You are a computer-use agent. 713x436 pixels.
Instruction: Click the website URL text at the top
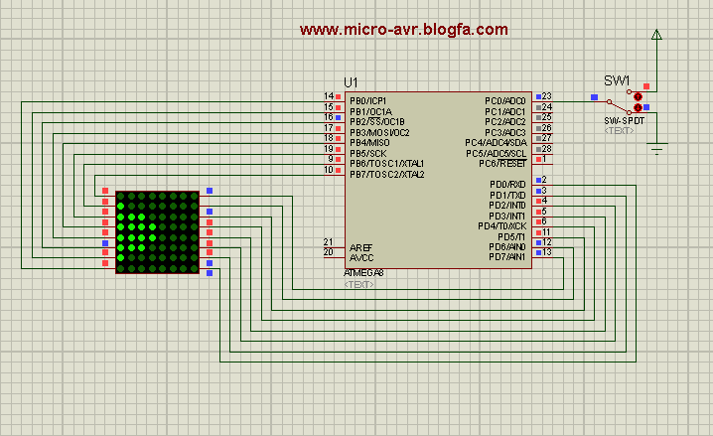(x=403, y=30)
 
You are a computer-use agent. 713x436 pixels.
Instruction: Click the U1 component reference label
(x=352, y=81)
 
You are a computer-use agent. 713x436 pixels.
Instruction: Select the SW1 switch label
(x=618, y=80)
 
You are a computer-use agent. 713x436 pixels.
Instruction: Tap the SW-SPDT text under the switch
(x=624, y=119)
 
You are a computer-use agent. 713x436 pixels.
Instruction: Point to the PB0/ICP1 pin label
(x=367, y=100)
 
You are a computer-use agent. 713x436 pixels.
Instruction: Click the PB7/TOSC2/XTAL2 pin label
(x=386, y=174)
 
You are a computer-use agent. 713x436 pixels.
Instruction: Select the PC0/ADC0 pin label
(x=504, y=100)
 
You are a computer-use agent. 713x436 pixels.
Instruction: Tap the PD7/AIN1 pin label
(x=506, y=257)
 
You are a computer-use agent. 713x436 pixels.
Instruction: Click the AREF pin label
(x=360, y=246)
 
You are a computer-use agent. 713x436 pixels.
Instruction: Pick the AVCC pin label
(x=360, y=256)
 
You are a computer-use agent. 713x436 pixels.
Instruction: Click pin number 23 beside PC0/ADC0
(x=546, y=96)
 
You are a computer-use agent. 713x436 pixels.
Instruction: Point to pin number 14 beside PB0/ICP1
(x=328, y=96)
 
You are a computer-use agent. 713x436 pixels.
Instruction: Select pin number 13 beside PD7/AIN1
(x=546, y=252)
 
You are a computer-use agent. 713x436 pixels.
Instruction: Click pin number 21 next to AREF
(x=328, y=242)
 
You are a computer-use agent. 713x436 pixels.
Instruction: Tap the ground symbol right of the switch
(x=655, y=149)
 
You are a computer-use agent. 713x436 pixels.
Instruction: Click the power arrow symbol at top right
(x=655, y=35)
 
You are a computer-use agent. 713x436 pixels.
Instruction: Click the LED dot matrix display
(x=157, y=232)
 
